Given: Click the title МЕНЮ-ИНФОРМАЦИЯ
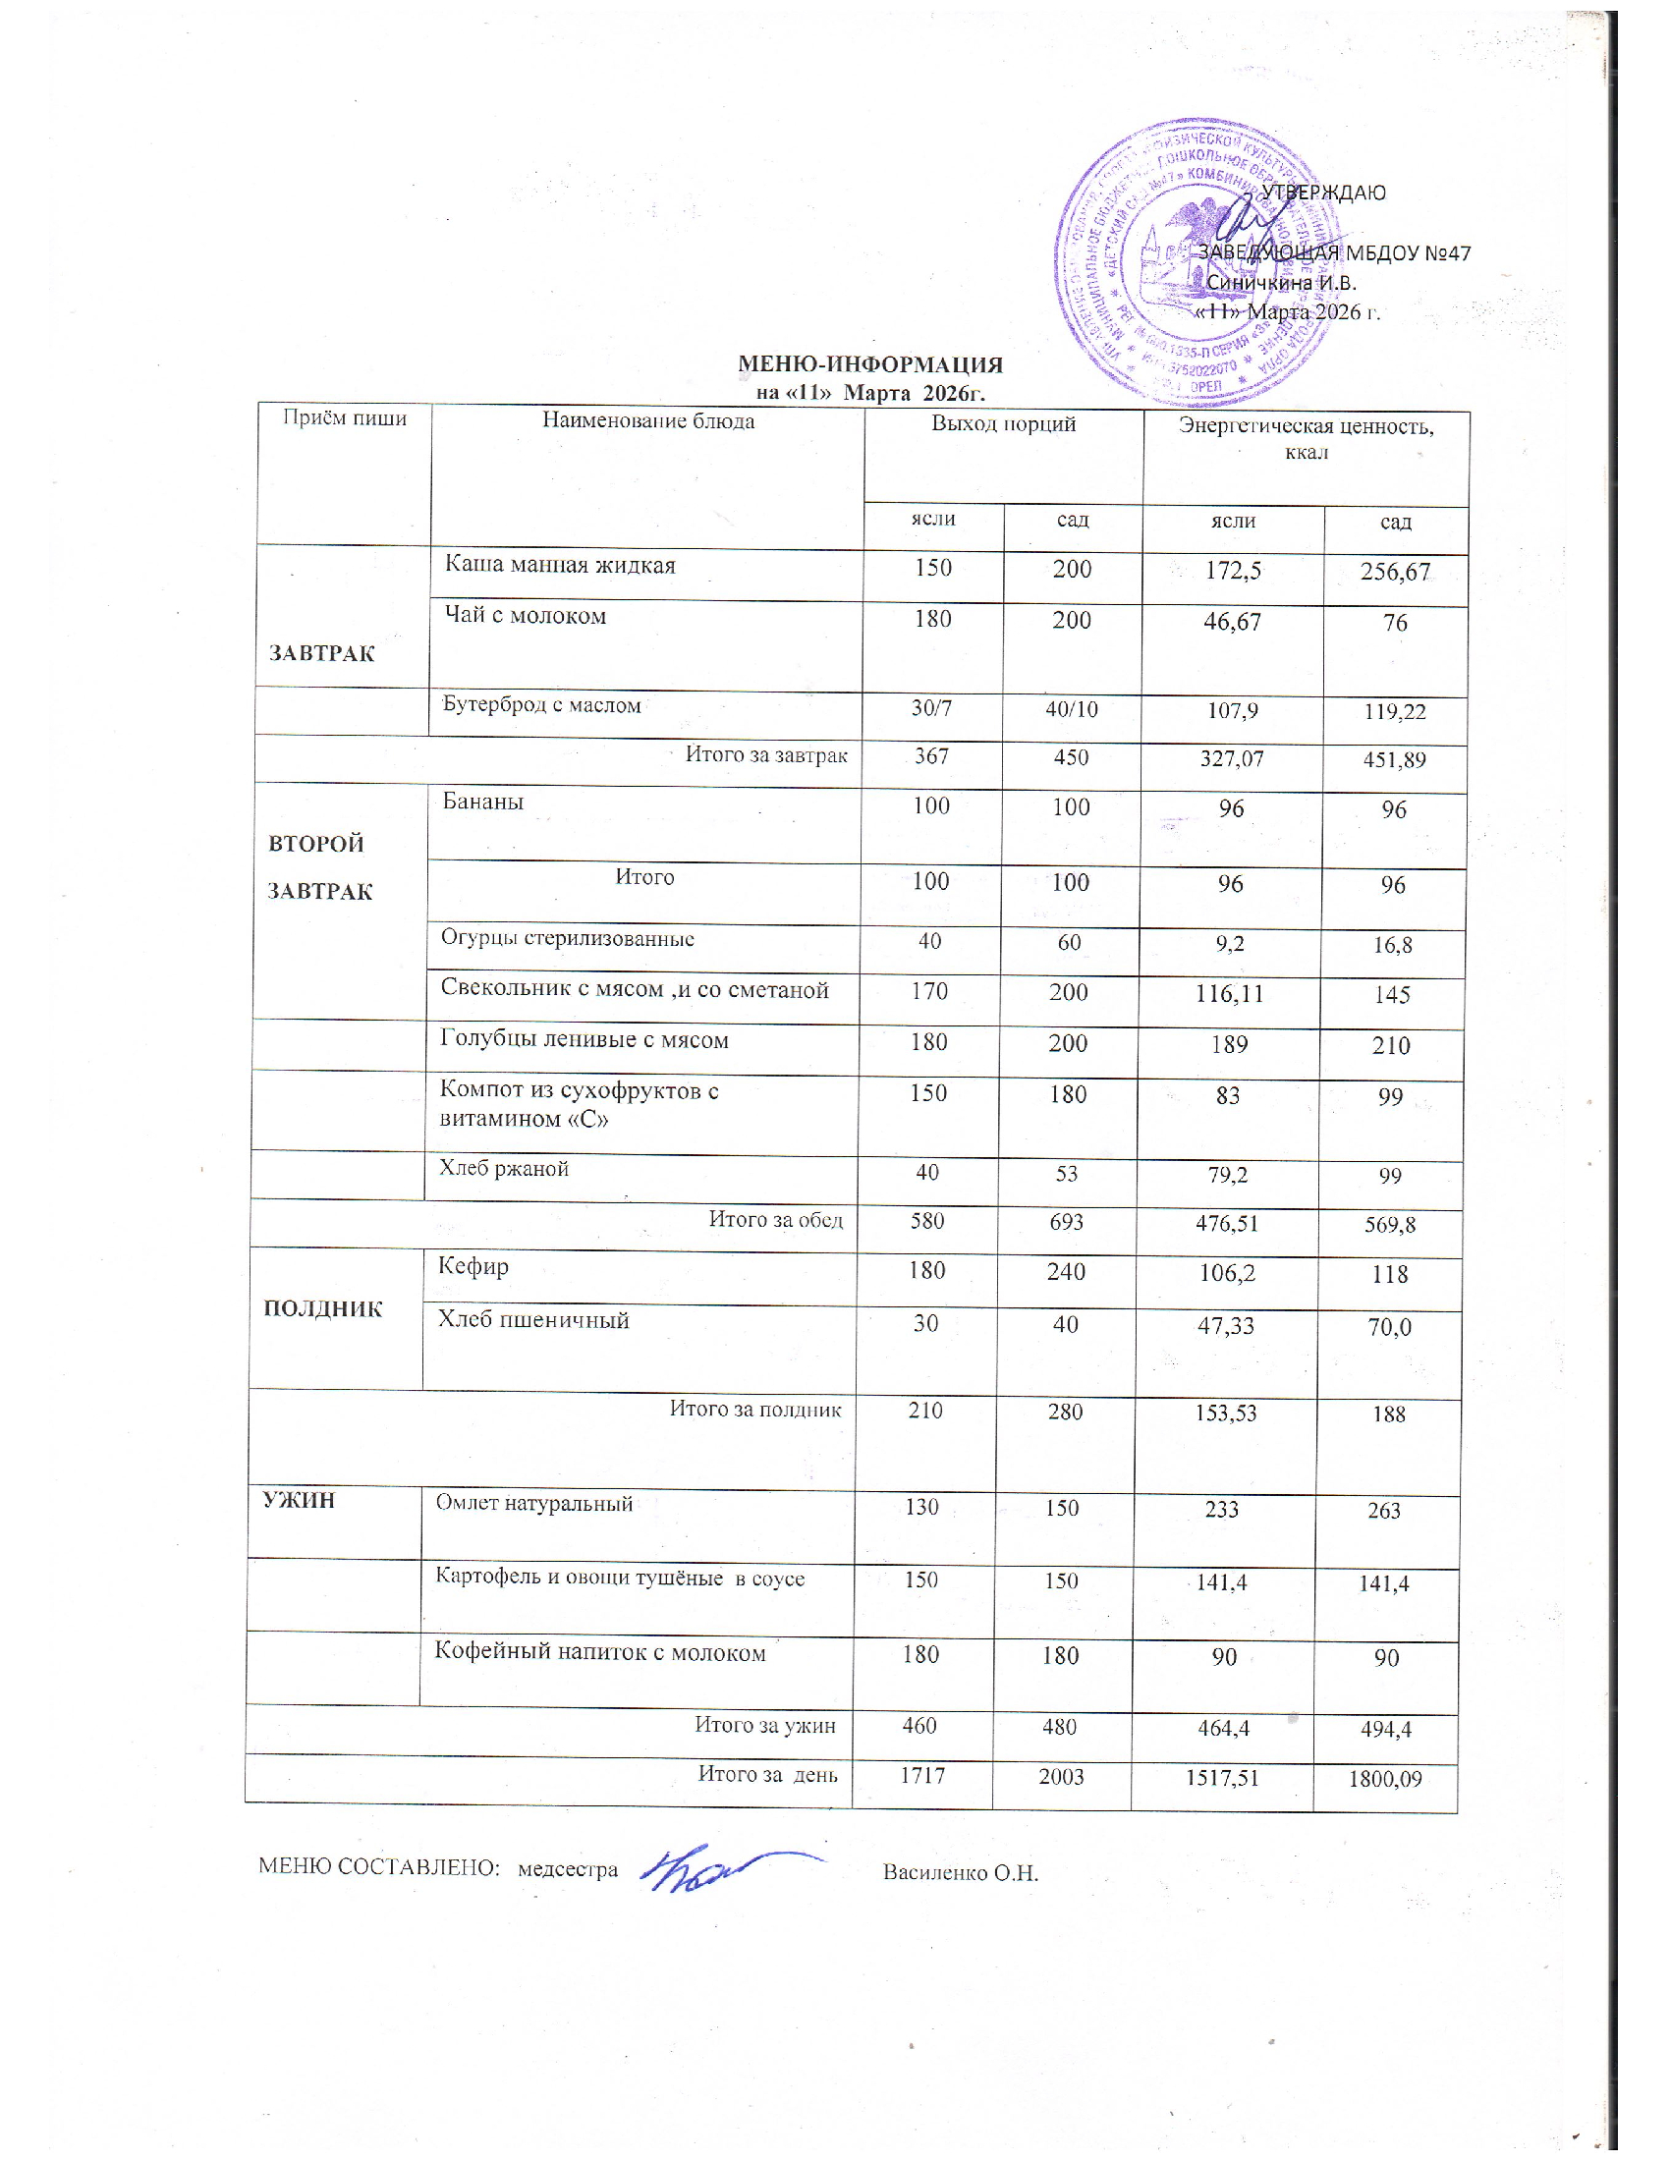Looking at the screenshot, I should point(870,365).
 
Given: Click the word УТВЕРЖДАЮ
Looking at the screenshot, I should point(1323,193).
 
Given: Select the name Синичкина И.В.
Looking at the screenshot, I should point(1281,283).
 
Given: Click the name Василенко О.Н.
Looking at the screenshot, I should point(960,1872).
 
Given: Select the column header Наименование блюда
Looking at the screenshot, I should point(648,421).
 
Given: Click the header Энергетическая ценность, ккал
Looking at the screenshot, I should point(1305,438).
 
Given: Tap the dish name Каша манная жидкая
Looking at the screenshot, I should point(560,566).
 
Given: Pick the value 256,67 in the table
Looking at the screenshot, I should point(1395,572).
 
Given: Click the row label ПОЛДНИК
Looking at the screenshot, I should point(323,1309).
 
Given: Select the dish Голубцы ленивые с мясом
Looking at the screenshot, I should point(584,1040).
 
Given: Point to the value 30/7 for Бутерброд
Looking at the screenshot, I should point(932,707).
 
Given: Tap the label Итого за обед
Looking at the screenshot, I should point(776,1220).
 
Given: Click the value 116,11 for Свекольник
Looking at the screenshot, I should point(1229,992).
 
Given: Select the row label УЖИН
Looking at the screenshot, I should point(299,1500).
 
